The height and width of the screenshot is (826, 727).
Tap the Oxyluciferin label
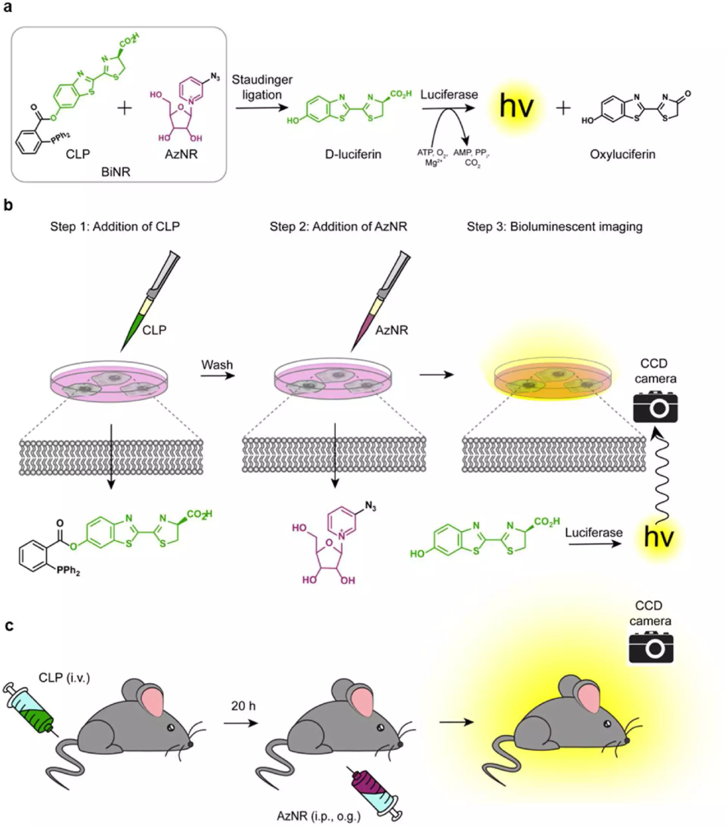(622, 154)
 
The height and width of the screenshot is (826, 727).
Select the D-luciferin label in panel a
(353, 154)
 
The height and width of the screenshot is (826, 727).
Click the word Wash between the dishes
(217, 365)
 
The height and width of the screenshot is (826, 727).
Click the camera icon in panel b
(655, 407)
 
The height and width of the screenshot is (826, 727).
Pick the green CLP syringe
(34, 711)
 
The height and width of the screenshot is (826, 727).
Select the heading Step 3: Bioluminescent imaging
(554, 226)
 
